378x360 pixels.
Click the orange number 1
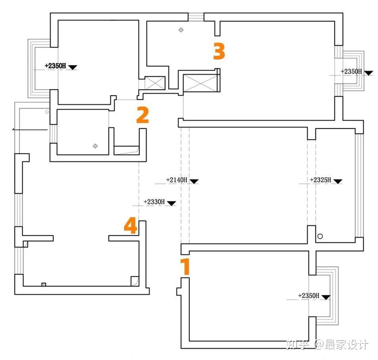185,267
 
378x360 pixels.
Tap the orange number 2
142,115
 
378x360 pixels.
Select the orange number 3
219,52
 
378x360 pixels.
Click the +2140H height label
177,180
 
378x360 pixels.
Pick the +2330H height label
154,202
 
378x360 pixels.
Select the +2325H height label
320,180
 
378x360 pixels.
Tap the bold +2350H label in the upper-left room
55,66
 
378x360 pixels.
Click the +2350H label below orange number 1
309,296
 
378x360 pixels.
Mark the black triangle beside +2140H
194,182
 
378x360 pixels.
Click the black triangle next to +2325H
338,182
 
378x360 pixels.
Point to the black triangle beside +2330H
171,203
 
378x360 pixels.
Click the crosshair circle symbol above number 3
181,30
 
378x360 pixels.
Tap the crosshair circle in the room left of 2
95,146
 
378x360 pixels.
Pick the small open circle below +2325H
320,236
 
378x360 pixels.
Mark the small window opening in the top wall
196,17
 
